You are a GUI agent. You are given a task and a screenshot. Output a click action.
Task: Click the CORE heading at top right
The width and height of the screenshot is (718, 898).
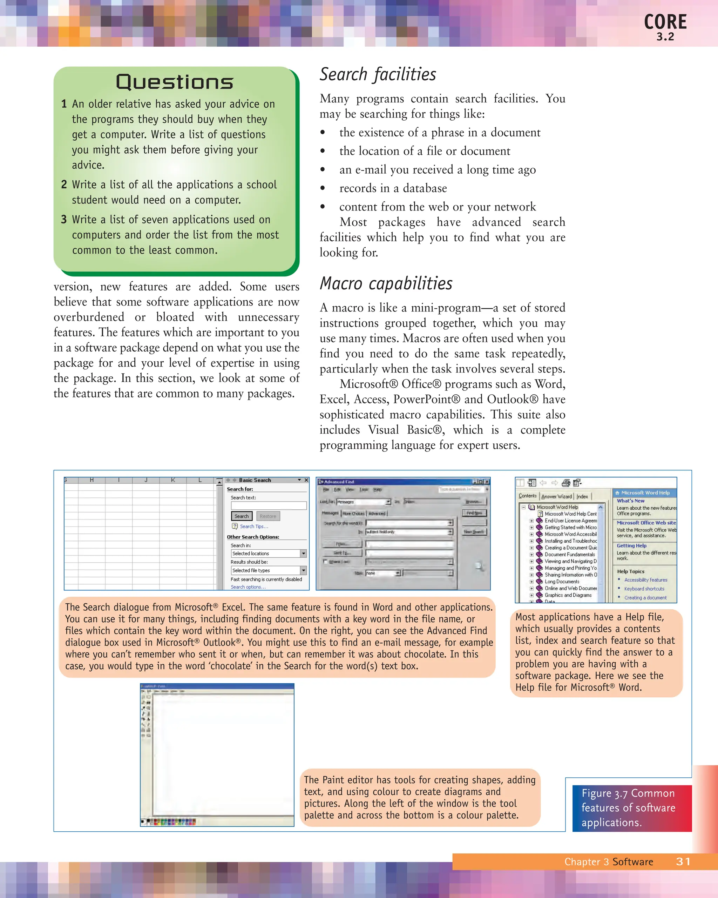click(x=665, y=22)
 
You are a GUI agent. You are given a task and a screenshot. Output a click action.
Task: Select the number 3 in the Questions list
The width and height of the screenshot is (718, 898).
click(x=64, y=220)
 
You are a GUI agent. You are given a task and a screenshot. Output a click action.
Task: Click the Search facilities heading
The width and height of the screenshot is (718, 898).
click(x=378, y=75)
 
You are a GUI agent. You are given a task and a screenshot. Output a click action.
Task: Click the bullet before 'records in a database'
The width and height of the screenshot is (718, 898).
click(x=323, y=188)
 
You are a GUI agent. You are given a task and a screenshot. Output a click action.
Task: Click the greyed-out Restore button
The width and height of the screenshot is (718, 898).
click(x=267, y=516)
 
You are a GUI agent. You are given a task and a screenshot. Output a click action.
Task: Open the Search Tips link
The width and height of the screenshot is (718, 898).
click(x=253, y=527)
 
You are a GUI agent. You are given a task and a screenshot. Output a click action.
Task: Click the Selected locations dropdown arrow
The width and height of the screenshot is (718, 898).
click(x=304, y=554)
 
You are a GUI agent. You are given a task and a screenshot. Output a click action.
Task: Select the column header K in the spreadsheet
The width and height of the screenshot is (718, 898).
click(x=173, y=480)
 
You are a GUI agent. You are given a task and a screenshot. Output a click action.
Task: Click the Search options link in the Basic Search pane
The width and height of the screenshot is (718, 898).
click(x=248, y=587)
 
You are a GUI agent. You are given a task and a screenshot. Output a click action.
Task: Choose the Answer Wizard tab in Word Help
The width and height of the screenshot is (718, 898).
click(x=556, y=496)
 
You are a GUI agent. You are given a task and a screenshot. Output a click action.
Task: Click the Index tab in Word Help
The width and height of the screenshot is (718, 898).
click(x=582, y=496)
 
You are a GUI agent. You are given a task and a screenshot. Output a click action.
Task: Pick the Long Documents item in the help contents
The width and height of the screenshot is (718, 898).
click(x=562, y=582)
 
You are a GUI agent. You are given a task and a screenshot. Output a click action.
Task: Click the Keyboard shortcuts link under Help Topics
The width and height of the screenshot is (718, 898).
click(x=644, y=589)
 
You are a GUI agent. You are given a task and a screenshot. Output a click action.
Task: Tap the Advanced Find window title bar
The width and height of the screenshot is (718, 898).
click(x=391, y=482)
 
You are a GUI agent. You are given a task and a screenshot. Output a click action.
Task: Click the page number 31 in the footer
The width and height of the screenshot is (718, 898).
click(x=683, y=862)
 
